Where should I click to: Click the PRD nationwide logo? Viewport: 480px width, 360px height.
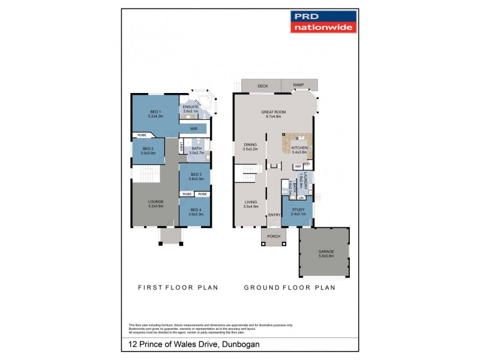(x=323, y=22)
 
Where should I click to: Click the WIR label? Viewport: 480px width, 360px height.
(x=194, y=128)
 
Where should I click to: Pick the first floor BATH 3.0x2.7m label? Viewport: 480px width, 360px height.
(x=196, y=151)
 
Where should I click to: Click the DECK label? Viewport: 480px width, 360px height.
(x=262, y=86)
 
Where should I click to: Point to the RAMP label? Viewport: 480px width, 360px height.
(x=298, y=86)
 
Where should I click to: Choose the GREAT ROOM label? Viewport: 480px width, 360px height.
(x=272, y=114)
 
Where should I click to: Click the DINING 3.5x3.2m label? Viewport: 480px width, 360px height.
(x=250, y=146)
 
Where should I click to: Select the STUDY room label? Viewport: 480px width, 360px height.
(x=298, y=211)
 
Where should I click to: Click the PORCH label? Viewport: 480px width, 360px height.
(x=274, y=236)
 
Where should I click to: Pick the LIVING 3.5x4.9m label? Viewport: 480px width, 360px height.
(x=250, y=204)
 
